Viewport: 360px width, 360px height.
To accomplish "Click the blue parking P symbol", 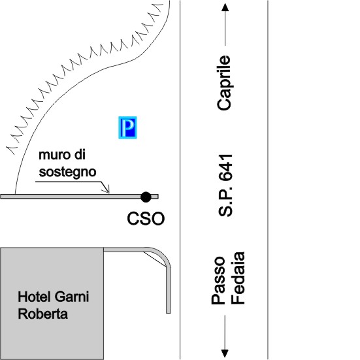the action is coord(127,127).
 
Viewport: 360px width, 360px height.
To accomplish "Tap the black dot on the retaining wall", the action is coord(146,197).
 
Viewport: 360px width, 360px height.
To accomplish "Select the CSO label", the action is coord(146,218).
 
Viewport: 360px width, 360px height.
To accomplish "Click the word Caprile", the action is coord(224,83).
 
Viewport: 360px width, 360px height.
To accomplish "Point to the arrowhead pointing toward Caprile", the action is coord(225,7).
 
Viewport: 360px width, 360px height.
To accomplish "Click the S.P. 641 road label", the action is coord(225,186).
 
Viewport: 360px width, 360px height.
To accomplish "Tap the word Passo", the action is coord(218,280).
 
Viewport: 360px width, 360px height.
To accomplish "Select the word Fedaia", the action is coord(238,278).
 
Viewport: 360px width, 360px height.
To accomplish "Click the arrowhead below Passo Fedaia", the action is coord(225,353).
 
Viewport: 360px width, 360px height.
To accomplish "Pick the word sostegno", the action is coord(67,172).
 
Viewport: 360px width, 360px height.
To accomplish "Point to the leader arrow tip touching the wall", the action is coord(109,193).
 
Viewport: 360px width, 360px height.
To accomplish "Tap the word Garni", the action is coord(72,297).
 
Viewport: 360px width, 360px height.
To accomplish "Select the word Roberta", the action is coord(42,314).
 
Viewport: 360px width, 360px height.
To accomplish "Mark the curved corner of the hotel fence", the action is coord(161,254).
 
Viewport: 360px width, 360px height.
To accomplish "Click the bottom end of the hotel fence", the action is coord(169,313).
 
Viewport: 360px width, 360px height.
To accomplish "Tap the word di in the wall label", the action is coord(80,155).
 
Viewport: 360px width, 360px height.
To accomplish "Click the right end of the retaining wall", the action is coord(158,197).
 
